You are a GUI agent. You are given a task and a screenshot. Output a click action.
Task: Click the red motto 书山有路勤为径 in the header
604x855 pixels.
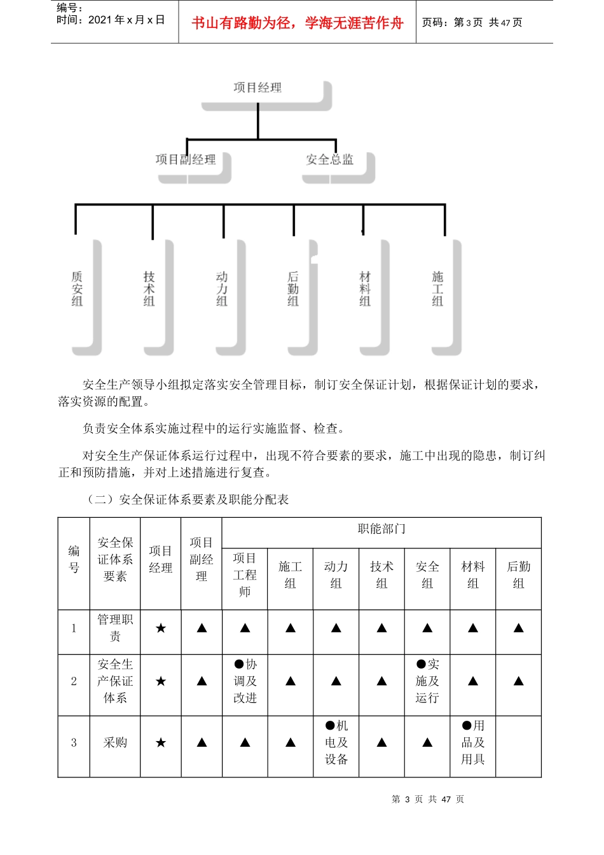pyautogui.click(x=298, y=24)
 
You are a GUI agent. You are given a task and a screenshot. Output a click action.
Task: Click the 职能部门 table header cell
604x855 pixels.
pyautogui.click(x=381, y=529)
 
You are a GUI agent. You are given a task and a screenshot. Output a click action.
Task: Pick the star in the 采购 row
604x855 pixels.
pyautogui.click(x=161, y=742)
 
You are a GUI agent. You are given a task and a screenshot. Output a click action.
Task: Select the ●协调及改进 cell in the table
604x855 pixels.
pyautogui.click(x=245, y=681)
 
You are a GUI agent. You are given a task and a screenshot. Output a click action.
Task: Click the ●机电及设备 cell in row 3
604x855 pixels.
pyautogui.click(x=336, y=742)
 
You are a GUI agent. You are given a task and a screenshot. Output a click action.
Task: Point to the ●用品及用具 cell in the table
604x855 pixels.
pyautogui.click(x=473, y=742)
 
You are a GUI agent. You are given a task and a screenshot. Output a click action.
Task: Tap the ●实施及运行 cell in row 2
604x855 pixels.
pyautogui.click(x=427, y=681)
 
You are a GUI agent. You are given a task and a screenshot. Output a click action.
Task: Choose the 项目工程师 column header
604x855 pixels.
pyautogui.click(x=245, y=575)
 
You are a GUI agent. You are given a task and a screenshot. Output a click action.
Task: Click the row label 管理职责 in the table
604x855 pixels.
pyautogui.click(x=115, y=628)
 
